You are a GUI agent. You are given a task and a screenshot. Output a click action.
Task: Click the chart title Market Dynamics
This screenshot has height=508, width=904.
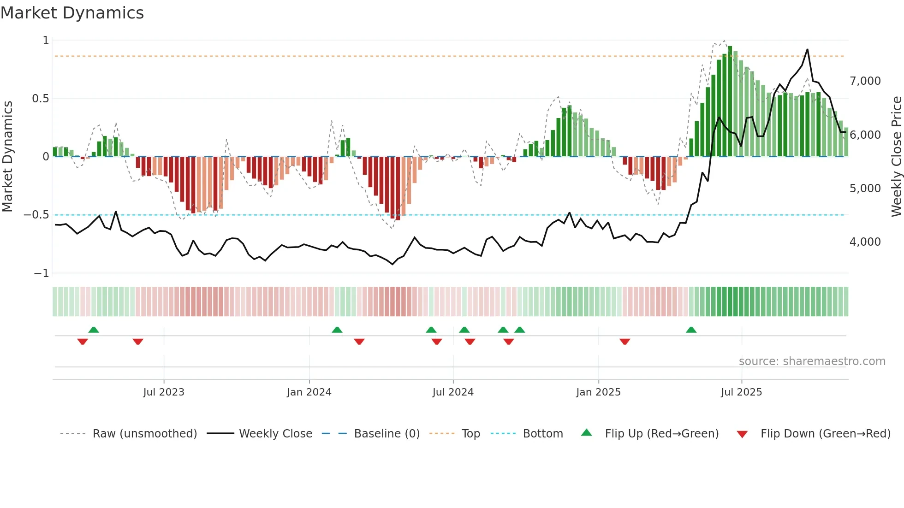[72, 13]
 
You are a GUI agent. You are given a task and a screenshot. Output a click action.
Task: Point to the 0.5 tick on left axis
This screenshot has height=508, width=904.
[40, 99]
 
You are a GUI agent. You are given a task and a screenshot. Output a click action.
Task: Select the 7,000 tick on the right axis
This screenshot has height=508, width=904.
[865, 81]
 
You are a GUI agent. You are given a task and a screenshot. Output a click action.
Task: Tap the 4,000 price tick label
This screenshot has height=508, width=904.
[865, 242]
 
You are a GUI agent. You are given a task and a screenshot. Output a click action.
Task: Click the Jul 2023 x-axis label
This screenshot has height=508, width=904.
[163, 392]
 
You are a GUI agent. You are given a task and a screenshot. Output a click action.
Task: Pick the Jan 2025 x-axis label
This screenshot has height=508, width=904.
[598, 392]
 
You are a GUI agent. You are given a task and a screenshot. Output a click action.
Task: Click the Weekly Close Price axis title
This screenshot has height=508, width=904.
[896, 156]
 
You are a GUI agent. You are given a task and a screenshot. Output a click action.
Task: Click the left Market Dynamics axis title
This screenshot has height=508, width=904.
[7, 156]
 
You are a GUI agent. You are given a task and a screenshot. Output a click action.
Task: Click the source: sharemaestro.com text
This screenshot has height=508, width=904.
[812, 361]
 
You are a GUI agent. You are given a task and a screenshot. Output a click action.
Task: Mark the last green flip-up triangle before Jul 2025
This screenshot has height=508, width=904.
[691, 330]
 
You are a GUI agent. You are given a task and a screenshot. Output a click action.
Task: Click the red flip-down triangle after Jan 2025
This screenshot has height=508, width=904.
[624, 342]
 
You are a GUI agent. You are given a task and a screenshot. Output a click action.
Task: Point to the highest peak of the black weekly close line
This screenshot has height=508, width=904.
[807, 50]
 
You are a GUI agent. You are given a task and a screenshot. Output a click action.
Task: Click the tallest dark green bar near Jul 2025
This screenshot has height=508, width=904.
[730, 101]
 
